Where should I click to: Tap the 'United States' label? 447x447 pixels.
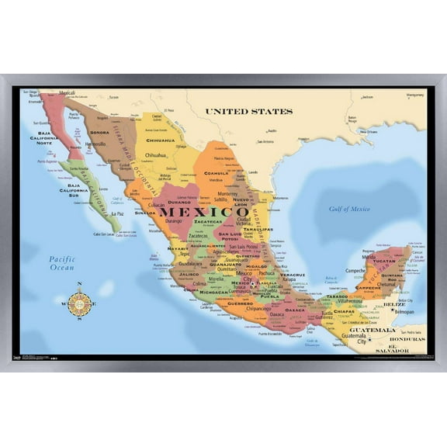249,112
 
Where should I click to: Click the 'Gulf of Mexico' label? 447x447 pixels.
348,209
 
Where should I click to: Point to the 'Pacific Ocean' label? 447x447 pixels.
61,262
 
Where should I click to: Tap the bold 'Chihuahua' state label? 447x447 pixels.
161,140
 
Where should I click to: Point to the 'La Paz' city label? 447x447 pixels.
117,213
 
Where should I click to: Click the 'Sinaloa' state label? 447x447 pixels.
144,212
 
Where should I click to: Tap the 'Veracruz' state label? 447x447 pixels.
292,275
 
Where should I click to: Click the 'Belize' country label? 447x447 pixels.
395,305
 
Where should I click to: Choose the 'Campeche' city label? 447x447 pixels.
355,271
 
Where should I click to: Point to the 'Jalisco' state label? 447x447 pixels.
189,274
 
